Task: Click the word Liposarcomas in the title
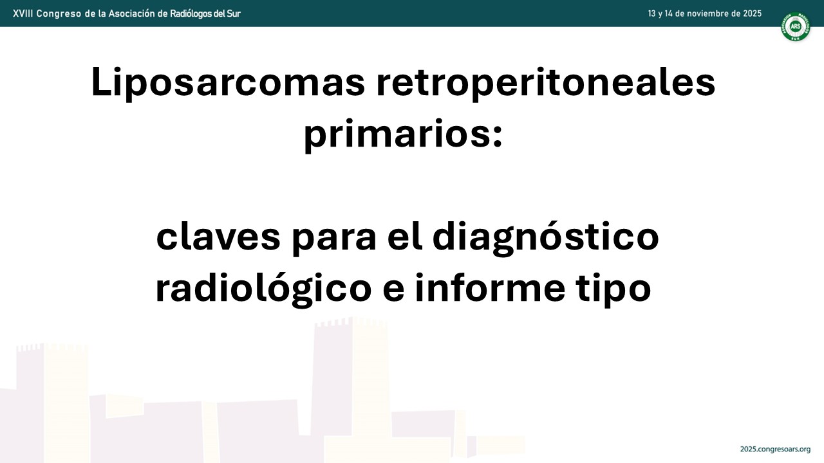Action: (x=228, y=83)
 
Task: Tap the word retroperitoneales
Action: (x=546, y=83)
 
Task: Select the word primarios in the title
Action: (x=398, y=134)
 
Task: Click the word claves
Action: (x=218, y=237)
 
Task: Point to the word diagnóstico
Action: (x=545, y=237)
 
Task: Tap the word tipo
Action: (x=614, y=290)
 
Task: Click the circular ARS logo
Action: (x=795, y=26)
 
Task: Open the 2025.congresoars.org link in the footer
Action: (x=776, y=449)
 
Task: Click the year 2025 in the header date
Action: (x=752, y=14)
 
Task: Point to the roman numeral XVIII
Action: (x=23, y=14)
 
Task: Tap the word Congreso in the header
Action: (x=59, y=14)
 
